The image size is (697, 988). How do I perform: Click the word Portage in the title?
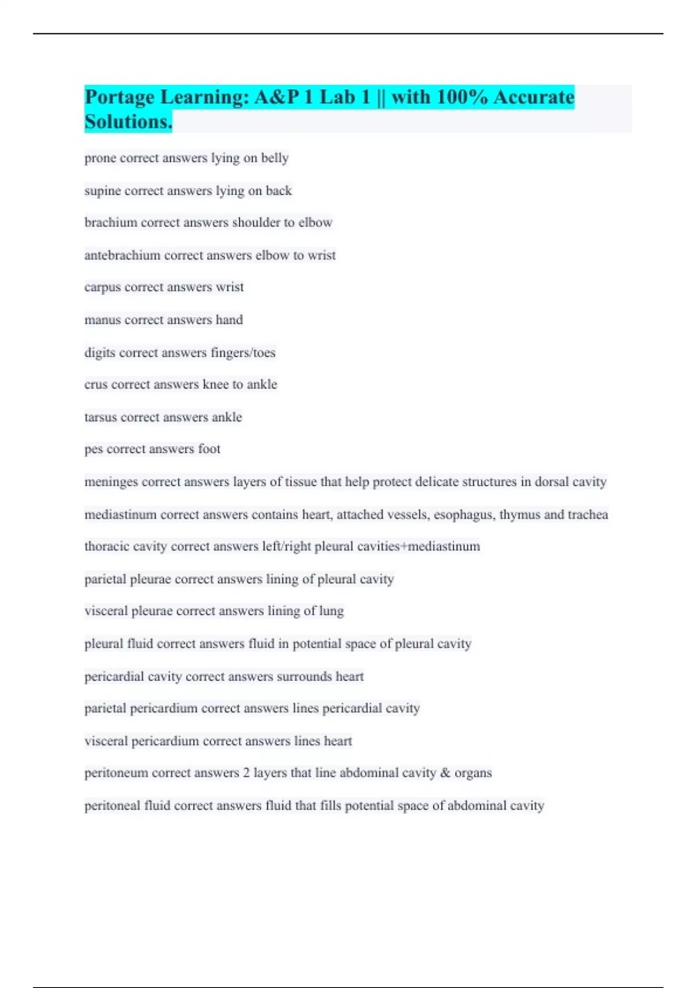[120, 97]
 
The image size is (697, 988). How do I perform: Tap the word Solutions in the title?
[128, 122]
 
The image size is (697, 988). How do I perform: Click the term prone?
[100, 158]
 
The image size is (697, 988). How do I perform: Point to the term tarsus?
[100, 417]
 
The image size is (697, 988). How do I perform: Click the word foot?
[209, 449]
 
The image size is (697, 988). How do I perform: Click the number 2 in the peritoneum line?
[246, 773]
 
